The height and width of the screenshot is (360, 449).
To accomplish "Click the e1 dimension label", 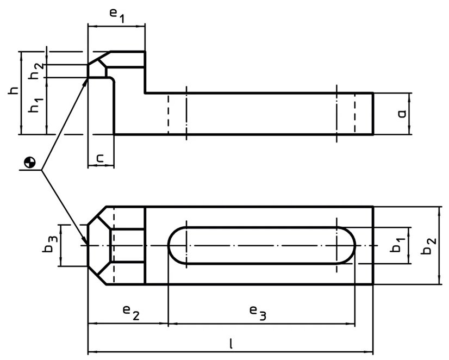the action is click(x=117, y=16).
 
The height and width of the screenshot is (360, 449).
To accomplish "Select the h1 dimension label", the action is click(x=36, y=105).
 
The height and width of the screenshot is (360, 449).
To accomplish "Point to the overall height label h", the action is click(x=13, y=90).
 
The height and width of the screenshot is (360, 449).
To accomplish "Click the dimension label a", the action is click(x=402, y=114).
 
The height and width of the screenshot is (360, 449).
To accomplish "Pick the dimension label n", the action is click(x=99, y=158).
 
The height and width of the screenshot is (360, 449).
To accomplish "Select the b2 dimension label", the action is click(x=429, y=246).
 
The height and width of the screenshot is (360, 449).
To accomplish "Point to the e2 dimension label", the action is click(x=131, y=312).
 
